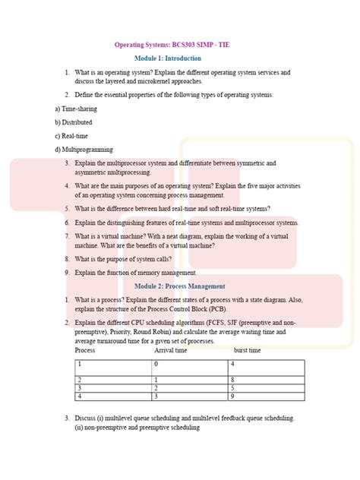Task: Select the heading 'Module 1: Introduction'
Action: click(x=168, y=58)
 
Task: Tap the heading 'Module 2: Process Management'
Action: click(x=179, y=286)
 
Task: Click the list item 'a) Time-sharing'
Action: click(x=75, y=109)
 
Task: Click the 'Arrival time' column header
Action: click(x=171, y=350)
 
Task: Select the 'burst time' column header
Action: click(x=247, y=350)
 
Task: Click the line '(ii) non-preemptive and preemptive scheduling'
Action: click(x=137, y=428)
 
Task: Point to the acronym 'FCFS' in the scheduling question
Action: click(x=229, y=322)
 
